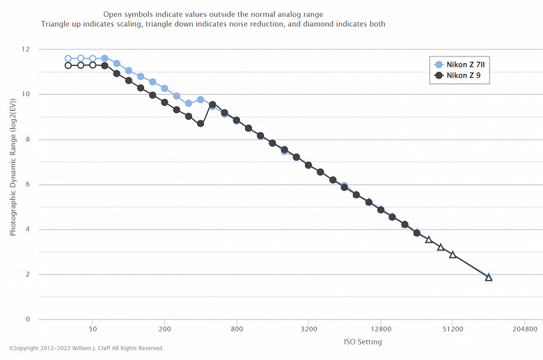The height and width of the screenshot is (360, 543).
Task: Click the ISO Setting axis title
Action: [363, 342]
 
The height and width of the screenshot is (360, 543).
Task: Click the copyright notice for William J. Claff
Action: [86, 348]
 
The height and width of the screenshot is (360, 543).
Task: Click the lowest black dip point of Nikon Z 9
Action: [200, 123]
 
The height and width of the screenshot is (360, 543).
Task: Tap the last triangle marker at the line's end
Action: [489, 277]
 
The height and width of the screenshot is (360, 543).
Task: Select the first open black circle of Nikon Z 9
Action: [68, 65]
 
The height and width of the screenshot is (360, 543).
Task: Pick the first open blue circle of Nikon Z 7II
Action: [68, 58]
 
